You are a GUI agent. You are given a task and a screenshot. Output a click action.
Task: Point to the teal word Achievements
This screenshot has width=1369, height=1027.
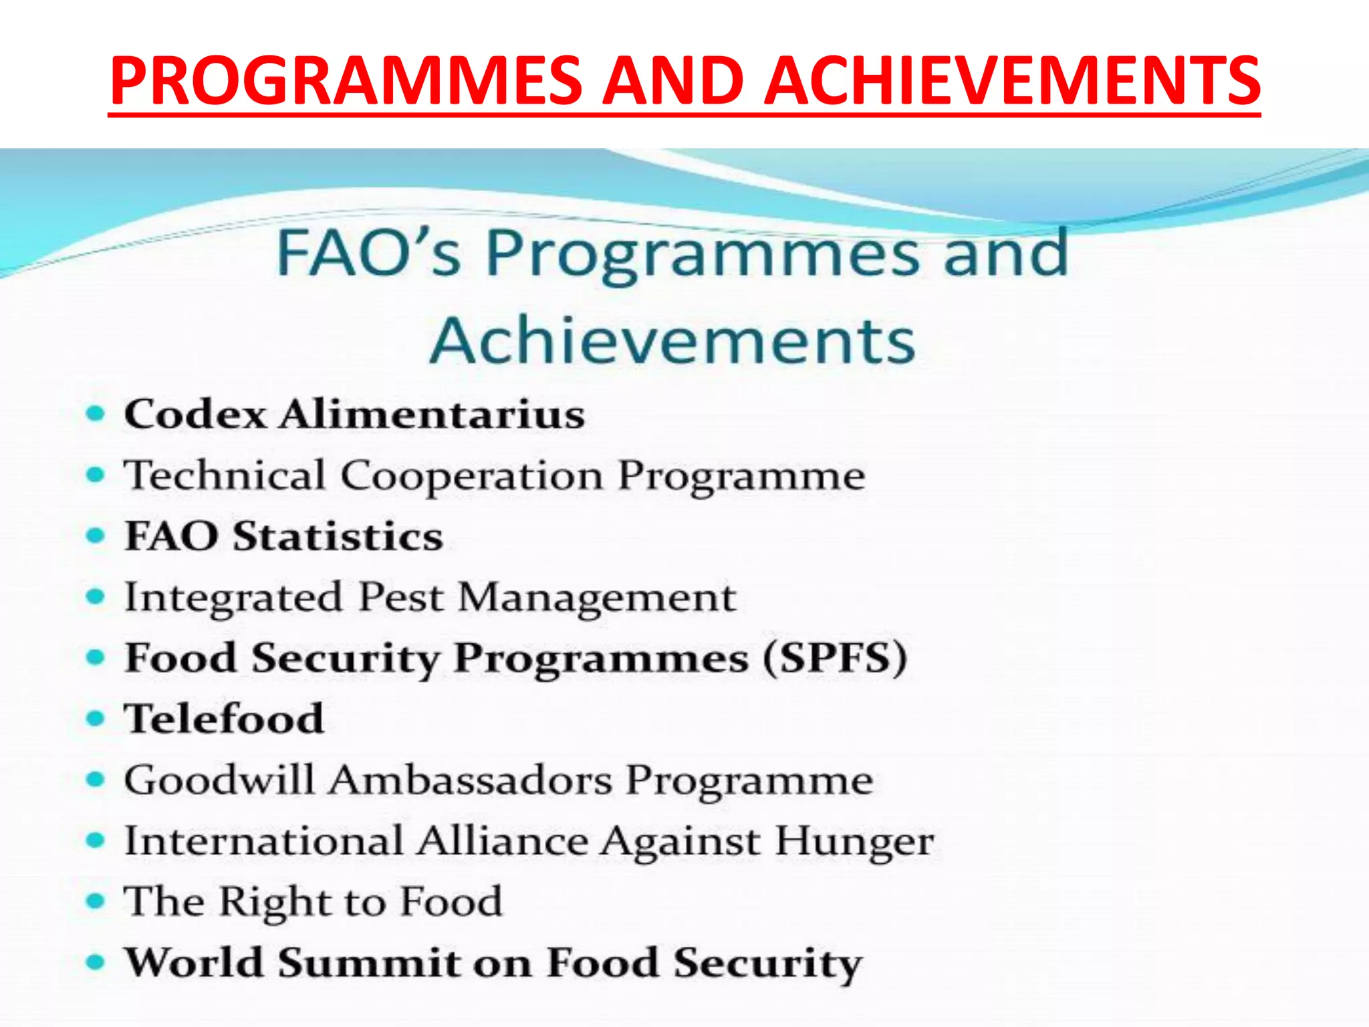point(672,341)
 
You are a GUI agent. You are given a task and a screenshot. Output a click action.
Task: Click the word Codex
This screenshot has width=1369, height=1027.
point(196,414)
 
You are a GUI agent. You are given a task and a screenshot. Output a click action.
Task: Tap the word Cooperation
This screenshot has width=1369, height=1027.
point(472,476)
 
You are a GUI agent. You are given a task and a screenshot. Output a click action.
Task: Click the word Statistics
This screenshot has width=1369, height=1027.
point(338,536)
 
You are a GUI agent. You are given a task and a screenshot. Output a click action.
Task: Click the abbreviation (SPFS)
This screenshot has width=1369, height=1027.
point(836,658)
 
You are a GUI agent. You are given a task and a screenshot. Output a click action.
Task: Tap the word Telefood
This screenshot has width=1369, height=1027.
point(225,719)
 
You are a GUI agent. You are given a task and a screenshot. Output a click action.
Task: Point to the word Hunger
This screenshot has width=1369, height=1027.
point(854,841)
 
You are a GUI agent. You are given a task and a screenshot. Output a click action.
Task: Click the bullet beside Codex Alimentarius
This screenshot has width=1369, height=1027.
point(96,414)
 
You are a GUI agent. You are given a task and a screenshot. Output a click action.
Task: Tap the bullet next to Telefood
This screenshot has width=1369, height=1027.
point(96,719)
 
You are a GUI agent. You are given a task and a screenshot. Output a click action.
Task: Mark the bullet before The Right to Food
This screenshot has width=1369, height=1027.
point(96,901)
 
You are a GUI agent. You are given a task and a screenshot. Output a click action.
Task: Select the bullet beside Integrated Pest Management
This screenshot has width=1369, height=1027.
point(96,596)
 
